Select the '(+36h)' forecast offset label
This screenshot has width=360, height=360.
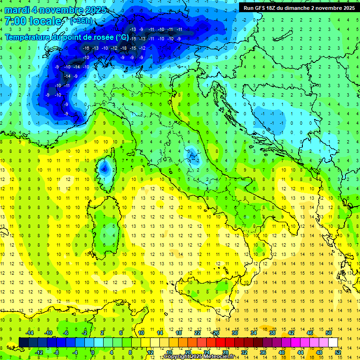coord(81,21)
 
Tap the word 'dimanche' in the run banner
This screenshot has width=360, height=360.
coord(302,7)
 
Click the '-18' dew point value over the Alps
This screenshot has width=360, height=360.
coord(123,48)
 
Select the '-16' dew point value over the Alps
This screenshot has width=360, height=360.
coord(86,48)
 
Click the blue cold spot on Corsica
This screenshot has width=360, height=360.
coord(105,167)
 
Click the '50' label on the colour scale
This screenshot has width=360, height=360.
coord(328,333)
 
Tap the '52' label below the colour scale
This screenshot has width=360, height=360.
coord(338,352)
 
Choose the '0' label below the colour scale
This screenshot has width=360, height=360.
coord(93,352)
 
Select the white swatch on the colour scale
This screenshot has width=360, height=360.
coord(333,342)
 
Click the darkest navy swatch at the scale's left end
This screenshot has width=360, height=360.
coord(23,342)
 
